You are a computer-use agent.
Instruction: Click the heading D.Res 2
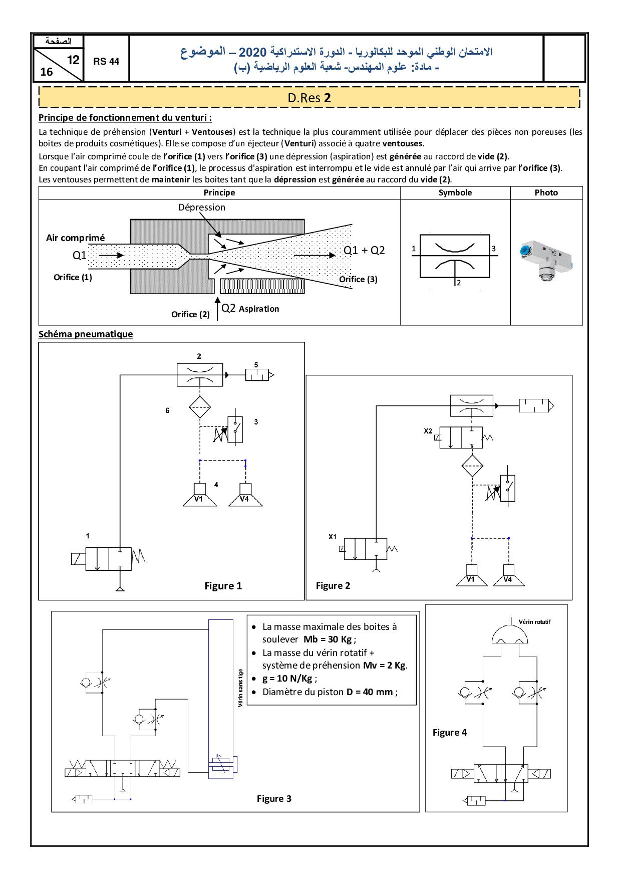click(309, 98)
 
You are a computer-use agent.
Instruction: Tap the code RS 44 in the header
click(106, 62)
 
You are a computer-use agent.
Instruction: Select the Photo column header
click(546, 193)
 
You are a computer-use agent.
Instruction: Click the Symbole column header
click(455, 193)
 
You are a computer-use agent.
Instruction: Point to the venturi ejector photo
click(545, 260)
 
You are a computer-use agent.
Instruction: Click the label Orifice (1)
click(73, 278)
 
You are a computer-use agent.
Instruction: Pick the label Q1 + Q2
click(364, 251)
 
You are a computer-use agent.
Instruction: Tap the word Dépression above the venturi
click(202, 207)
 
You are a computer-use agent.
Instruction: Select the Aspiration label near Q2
click(259, 309)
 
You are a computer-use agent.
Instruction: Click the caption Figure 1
click(223, 586)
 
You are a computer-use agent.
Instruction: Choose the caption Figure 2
click(333, 586)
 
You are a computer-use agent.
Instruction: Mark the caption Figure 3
click(274, 799)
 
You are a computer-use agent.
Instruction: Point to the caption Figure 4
click(450, 733)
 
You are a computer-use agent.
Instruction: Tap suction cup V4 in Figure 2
click(508, 578)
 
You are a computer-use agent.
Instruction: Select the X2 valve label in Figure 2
click(428, 431)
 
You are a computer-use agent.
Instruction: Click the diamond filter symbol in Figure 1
click(200, 407)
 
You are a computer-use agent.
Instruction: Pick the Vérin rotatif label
click(534, 622)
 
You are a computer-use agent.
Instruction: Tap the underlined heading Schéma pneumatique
click(86, 334)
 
